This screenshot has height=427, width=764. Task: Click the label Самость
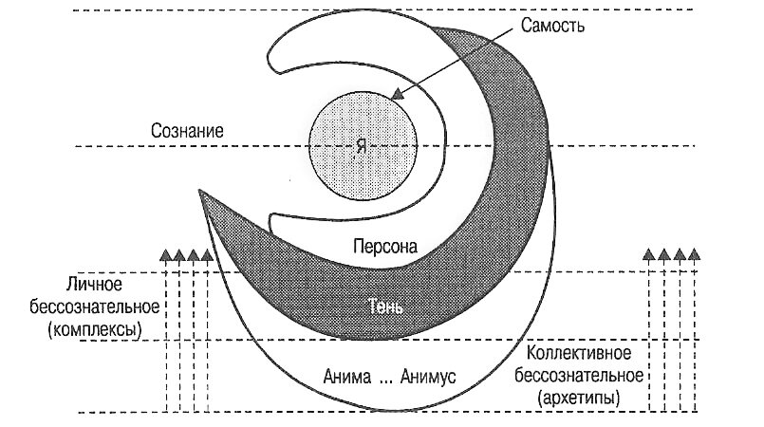(552, 25)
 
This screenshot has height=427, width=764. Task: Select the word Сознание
(187, 130)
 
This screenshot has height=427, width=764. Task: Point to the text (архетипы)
(581, 393)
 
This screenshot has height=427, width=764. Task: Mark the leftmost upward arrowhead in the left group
(165, 254)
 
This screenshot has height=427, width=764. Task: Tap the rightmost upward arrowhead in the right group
(694, 254)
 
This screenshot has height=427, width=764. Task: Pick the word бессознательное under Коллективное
(580, 372)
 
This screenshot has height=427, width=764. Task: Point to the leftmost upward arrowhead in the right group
(649, 254)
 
